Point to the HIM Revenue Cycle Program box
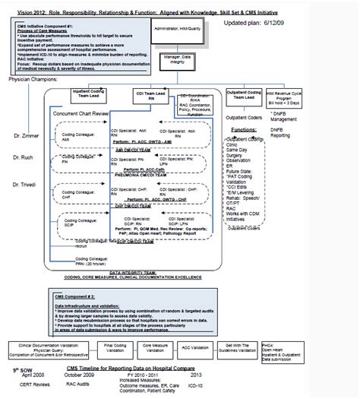click(316, 96)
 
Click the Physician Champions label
click(35, 79)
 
